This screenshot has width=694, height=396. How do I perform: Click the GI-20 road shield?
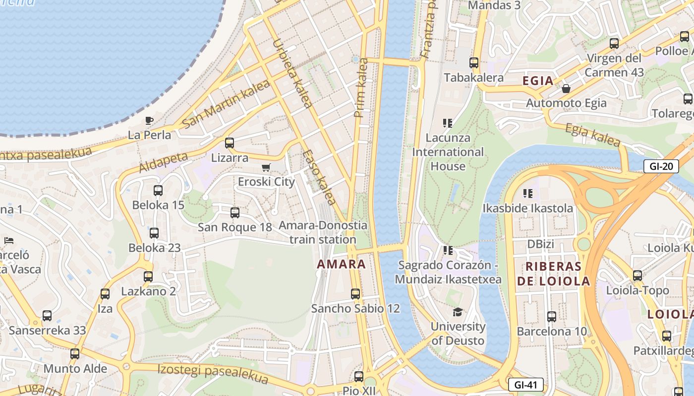(x=661, y=166)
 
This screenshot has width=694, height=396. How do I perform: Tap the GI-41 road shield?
(x=525, y=385)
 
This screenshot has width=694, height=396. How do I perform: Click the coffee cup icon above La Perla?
(x=149, y=120)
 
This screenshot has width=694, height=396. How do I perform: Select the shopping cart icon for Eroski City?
(x=266, y=168)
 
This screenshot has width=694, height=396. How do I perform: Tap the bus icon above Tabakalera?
(x=474, y=63)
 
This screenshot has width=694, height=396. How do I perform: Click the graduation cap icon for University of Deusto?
(x=458, y=312)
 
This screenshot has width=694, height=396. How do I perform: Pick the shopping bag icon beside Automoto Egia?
(x=566, y=89)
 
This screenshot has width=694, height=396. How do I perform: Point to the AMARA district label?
(x=341, y=264)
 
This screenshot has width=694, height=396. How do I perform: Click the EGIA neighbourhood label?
(x=538, y=81)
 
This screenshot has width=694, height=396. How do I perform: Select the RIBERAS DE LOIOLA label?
(x=554, y=274)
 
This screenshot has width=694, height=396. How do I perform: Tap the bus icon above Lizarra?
(x=230, y=143)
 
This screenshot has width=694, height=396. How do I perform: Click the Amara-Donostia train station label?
(x=323, y=232)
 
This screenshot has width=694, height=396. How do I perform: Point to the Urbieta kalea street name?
(x=292, y=73)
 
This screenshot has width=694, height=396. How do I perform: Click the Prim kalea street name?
(x=361, y=88)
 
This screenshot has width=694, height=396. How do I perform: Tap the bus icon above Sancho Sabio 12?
(x=355, y=294)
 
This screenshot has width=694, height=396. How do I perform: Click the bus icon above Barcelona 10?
(x=551, y=317)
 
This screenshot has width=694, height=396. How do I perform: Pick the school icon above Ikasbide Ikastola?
(x=528, y=193)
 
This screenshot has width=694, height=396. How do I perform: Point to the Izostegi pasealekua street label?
(x=213, y=374)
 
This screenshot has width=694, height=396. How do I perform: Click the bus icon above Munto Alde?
(x=75, y=354)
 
